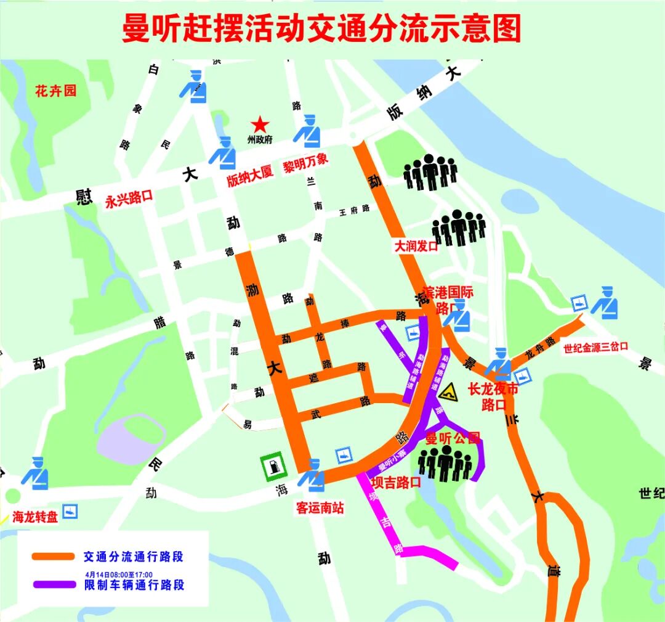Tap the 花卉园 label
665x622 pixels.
(x=55, y=91)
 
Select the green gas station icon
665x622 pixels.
(x=272, y=467)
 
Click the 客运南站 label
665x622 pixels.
(x=320, y=508)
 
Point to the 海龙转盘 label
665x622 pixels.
(x=35, y=517)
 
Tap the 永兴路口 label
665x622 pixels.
(x=129, y=198)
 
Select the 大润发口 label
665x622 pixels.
(x=416, y=246)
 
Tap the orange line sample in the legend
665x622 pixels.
(x=52, y=557)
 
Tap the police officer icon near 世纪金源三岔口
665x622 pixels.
(x=605, y=303)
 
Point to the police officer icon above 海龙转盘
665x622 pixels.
(x=35, y=473)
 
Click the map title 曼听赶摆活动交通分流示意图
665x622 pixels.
(x=321, y=30)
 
